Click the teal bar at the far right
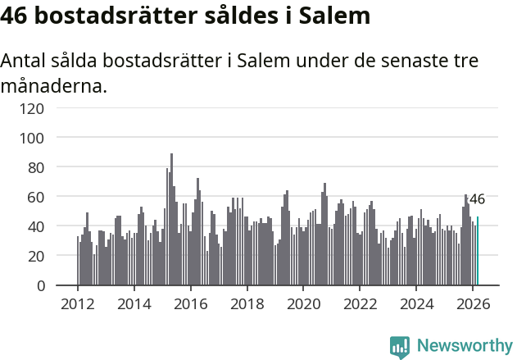478,251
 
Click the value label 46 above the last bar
477,199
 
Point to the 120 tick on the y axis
55,107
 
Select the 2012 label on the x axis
78,303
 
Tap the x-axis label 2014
134,303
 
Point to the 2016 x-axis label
190,303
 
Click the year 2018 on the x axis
247,303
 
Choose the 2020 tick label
303,303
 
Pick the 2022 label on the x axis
359,303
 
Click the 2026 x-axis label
472,303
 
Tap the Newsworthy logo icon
400,346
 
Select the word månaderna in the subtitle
53,85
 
